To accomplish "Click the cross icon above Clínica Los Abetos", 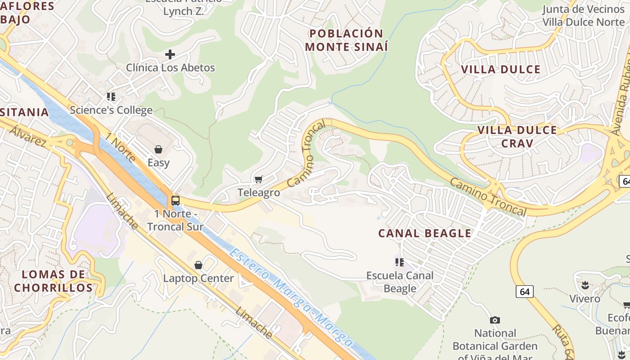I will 170,54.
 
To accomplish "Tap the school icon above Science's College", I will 111,96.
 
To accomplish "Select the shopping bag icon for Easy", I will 158,149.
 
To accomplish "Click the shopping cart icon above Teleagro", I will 259,179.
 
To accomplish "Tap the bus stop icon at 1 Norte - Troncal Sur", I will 175,201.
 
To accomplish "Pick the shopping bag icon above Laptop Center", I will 198,265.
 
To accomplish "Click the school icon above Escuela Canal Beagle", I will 400,262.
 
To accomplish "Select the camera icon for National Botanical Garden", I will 495,320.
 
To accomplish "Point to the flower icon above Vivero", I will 585,285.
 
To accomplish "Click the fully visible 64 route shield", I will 525,292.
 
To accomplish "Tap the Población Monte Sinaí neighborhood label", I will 346,40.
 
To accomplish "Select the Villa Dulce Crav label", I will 517,137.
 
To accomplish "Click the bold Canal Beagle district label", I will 424,233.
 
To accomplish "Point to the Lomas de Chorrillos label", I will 53,281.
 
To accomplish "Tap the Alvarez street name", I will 28,136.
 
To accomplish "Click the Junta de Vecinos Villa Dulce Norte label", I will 583,16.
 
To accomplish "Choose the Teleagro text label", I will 259,193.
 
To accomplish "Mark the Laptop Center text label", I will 198,278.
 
